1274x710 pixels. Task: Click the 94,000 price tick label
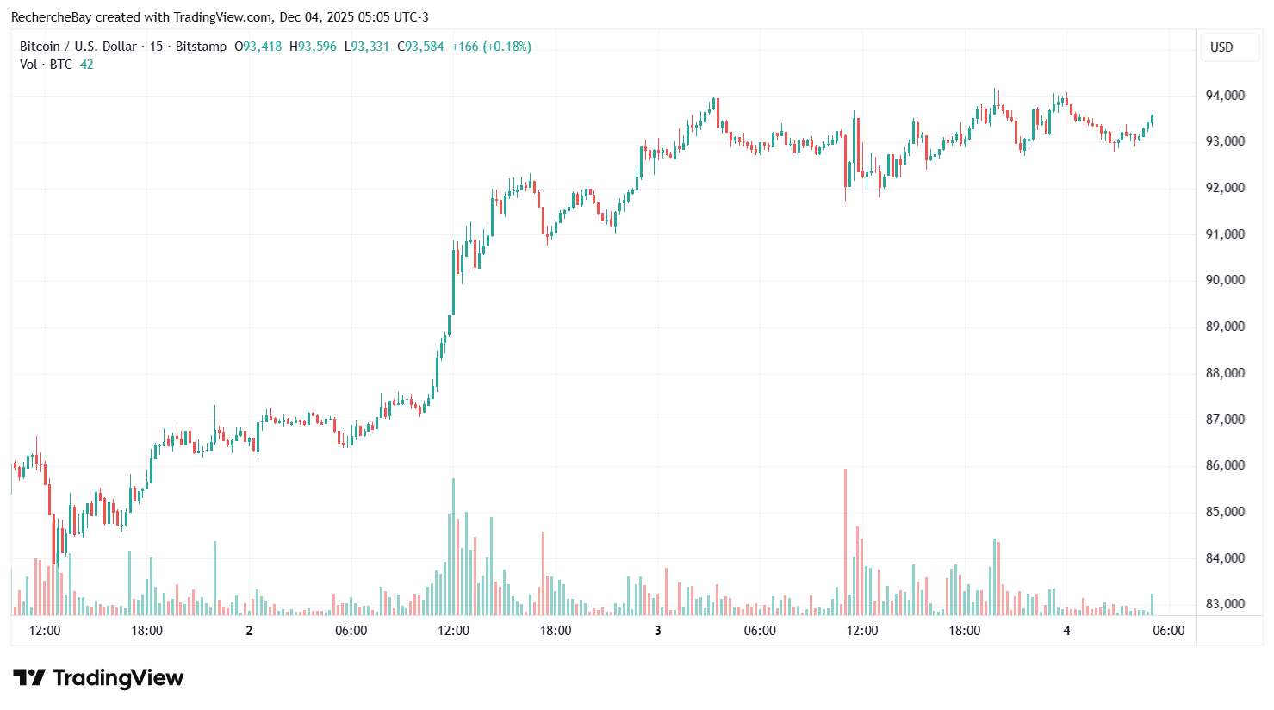click(1224, 96)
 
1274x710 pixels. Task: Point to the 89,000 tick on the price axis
click(1224, 327)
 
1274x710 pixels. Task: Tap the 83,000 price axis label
click(1224, 604)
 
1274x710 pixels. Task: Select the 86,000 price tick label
click(1224, 465)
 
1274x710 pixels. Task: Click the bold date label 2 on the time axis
click(249, 631)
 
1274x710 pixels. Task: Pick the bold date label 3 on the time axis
click(658, 631)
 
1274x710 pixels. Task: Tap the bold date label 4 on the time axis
click(1066, 631)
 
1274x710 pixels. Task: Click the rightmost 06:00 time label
click(1169, 631)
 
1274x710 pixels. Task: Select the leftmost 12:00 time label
click(45, 631)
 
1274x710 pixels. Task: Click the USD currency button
click(1221, 47)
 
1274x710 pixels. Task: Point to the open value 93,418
click(262, 47)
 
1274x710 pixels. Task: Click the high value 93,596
click(317, 47)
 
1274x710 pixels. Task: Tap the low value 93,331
click(370, 47)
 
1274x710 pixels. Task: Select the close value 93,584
click(425, 47)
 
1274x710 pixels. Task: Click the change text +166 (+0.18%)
click(491, 47)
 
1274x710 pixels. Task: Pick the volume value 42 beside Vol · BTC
click(87, 65)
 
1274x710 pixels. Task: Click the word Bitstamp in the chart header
click(201, 47)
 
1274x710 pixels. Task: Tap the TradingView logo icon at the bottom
click(28, 678)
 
